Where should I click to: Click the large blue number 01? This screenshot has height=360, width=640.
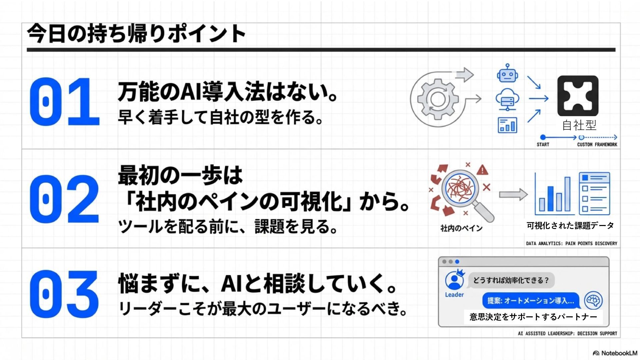click(x=64, y=102)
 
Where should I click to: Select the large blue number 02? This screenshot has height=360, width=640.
click(x=64, y=199)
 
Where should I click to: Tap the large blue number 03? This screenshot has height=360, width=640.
click(x=64, y=294)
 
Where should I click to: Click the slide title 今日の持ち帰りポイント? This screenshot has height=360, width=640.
click(x=137, y=34)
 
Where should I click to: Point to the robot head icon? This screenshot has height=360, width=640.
click(x=507, y=74)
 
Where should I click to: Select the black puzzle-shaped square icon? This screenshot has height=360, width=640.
click(x=578, y=96)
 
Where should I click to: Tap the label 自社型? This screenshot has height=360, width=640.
click(x=579, y=125)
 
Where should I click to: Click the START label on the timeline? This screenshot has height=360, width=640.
click(x=543, y=145)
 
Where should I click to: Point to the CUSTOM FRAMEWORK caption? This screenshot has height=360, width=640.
click(x=597, y=145)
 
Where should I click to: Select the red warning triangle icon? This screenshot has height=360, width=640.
click(x=482, y=170)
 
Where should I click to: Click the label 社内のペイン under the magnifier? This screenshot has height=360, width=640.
click(x=461, y=228)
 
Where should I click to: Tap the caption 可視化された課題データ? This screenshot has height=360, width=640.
click(x=570, y=226)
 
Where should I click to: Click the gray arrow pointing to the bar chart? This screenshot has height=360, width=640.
click(x=513, y=194)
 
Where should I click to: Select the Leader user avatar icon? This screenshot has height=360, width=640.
click(x=454, y=280)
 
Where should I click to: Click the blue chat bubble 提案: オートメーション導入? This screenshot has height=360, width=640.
click(x=531, y=301)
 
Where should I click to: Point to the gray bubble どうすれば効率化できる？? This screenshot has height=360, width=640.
click(x=511, y=280)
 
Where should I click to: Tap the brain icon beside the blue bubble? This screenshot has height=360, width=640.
click(x=593, y=300)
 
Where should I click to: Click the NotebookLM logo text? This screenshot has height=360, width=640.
click(x=619, y=353)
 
